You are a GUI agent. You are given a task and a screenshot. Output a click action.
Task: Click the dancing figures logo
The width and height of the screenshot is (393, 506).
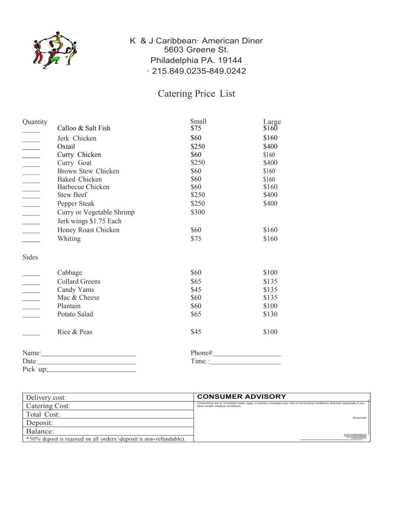[55, 50]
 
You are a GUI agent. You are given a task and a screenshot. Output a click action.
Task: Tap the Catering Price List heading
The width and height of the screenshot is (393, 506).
[196, 93]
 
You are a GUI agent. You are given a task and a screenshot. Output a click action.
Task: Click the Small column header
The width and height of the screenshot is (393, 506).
[198, 121]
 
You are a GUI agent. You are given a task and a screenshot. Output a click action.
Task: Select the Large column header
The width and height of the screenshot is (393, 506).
[272, 122]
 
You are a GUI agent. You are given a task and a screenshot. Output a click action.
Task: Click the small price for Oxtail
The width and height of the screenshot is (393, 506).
[198, 147]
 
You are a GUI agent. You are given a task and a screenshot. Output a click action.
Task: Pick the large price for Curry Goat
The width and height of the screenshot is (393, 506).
[270, 163]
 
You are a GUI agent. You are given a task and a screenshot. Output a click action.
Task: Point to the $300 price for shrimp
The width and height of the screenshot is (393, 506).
[198, 212]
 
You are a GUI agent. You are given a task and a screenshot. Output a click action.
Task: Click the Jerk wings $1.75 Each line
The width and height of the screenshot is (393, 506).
[89, 221]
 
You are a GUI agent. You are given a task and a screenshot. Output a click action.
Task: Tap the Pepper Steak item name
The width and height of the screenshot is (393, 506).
[76, 203]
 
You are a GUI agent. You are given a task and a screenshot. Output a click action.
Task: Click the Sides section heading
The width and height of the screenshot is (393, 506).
[30, 257]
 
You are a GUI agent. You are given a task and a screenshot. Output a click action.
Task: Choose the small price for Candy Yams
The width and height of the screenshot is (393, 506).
[196, 290]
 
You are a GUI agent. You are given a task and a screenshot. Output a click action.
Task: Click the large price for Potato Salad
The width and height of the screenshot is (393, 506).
[270, 314]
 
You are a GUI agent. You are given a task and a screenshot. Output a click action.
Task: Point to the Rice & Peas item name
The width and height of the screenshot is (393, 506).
[75, 332]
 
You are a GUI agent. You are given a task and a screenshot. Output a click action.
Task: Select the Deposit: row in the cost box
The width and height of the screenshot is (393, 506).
[108, 423]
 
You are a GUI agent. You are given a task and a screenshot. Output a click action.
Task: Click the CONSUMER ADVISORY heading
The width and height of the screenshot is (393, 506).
[241, 397]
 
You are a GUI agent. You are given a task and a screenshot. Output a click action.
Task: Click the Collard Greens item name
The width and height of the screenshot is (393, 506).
[79, 281]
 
